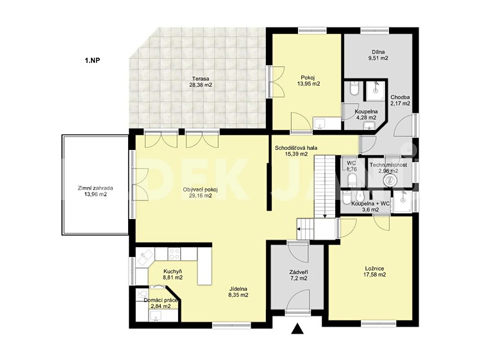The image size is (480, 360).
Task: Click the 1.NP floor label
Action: point(92,60)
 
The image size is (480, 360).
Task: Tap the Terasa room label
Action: point(201,81)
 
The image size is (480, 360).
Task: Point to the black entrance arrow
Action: point(297,329)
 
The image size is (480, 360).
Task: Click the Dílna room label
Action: point(378,54)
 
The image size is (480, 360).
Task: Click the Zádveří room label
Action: point(299,275)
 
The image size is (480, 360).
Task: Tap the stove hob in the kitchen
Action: point(174,254)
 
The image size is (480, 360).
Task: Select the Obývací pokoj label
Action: point(200,193)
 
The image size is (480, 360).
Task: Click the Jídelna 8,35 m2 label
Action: point(238,292)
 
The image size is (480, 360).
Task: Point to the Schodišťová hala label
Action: point(296,151)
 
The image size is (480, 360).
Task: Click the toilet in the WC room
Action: point(352,179)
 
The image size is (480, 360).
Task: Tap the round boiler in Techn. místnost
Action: point(390,180)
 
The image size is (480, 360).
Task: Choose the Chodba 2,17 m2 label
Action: point(400,101)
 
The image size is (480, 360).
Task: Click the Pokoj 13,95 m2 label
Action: point(308,81)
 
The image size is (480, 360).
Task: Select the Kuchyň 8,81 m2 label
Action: point(173,275)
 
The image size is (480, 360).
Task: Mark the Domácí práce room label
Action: point(161,303)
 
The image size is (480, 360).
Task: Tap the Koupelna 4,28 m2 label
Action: point(366,115)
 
